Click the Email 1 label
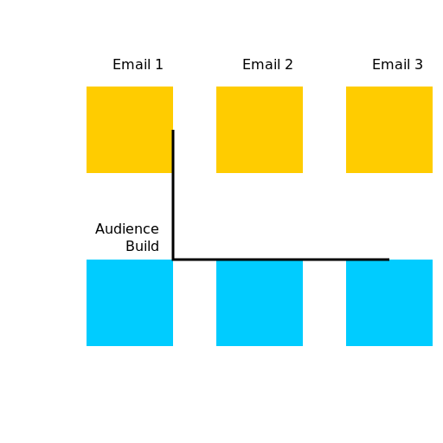138,65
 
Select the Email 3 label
397,65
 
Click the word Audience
127,229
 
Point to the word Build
142,247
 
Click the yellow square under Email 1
130,130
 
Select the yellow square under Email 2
260,130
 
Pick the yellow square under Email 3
389,130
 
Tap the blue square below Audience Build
130,303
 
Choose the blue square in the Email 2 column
260,303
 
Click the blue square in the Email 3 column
389,303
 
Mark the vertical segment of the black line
173,195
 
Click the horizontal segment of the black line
281,259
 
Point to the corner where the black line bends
173,259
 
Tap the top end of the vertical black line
173,132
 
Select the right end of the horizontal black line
388,259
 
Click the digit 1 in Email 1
159,65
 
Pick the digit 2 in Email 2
289,65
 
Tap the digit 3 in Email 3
419,65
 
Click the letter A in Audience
100,229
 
